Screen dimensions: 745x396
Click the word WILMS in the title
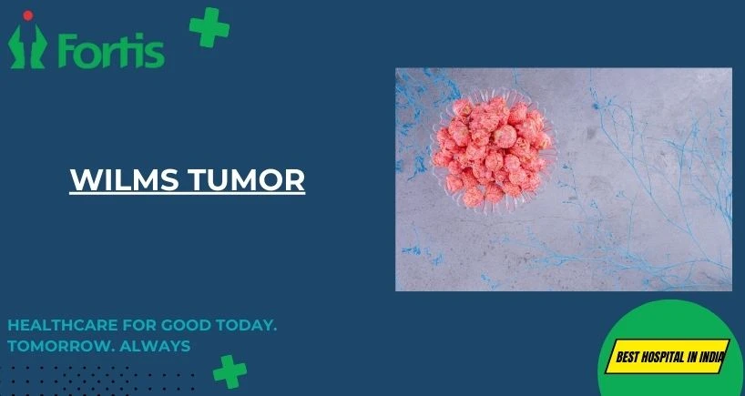124,179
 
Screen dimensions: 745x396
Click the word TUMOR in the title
246,179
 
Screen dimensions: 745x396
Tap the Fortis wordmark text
112,51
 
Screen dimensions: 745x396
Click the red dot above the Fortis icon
28,15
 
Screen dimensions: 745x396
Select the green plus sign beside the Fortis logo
209,27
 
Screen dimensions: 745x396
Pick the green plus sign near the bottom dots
230,371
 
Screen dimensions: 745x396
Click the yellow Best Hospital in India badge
668,356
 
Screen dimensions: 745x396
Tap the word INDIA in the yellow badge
711,357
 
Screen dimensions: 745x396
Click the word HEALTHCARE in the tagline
63,326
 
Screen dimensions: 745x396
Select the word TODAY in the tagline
246,326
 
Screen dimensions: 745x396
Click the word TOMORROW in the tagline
60,346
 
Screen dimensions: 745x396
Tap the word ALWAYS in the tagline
155,346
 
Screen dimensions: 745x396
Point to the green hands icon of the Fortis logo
27,46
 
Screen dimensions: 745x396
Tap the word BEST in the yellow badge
627,357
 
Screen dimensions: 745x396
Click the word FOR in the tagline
139,326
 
